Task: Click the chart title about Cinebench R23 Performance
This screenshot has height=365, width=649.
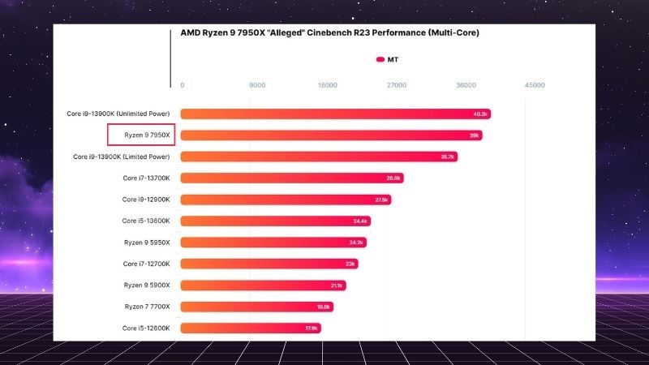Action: (x=329, y=33)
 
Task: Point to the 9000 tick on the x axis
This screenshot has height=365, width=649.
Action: (x=257, y=85)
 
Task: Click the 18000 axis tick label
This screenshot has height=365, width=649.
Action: (x=328, y=85)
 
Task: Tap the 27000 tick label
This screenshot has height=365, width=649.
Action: (x=396, y=85)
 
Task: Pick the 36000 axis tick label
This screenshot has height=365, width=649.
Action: (x=466, y=85)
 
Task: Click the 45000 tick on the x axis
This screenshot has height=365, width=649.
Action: (x=535, y=85)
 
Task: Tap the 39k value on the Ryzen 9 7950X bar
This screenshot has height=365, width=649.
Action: (x=475, y=135)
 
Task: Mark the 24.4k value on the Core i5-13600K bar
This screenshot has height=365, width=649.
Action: (x=360, y=221)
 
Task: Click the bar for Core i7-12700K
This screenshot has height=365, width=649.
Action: (x=269, y=264)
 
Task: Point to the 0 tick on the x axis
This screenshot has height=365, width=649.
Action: (x=183, y=85)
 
